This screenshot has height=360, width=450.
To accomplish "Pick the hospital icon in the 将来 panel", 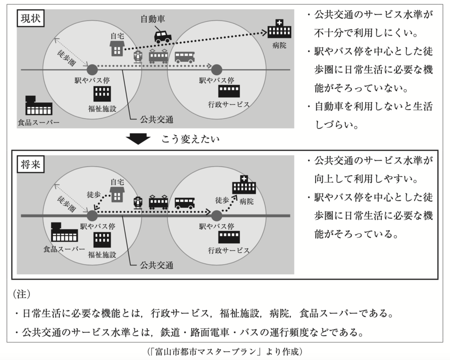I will click(x=243, y=185).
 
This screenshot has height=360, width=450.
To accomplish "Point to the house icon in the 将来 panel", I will click(x=116, y=194).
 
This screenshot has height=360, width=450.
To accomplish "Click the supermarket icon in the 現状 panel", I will click(x=39, y=106).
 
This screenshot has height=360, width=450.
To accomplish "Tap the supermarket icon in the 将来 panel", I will click(x=64, y=233).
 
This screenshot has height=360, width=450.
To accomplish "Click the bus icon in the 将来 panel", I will click(x=185, y=203).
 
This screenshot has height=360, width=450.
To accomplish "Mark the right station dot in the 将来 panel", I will click(x=216, y=215).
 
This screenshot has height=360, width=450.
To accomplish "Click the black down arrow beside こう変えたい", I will click(x=138, y=140).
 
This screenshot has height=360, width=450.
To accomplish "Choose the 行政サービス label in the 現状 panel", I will click(x=229, y=105).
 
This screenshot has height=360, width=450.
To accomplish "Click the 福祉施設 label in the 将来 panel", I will click(x=102, y=255).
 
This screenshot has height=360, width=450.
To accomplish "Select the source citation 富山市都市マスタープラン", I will click(x=225, y=352).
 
